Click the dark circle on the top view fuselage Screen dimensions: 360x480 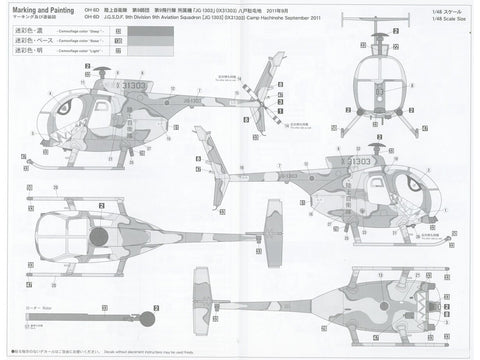tap(97, 236)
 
